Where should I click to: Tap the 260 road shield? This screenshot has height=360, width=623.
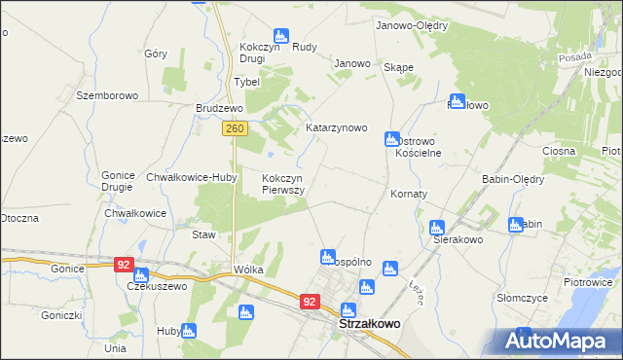point(233,128)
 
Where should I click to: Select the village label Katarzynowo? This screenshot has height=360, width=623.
point(336,127)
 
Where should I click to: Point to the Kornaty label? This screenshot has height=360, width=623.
point(409,195)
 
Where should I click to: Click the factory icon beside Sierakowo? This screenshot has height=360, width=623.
point(438,227)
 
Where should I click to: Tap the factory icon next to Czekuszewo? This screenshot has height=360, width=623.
point(141,274)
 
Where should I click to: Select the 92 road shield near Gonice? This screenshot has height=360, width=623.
point(122,264)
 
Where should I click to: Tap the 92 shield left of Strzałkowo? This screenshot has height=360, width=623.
point(310,303)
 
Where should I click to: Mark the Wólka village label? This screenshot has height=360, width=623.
point(248,270)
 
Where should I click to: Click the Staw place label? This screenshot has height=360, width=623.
point(202,235)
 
